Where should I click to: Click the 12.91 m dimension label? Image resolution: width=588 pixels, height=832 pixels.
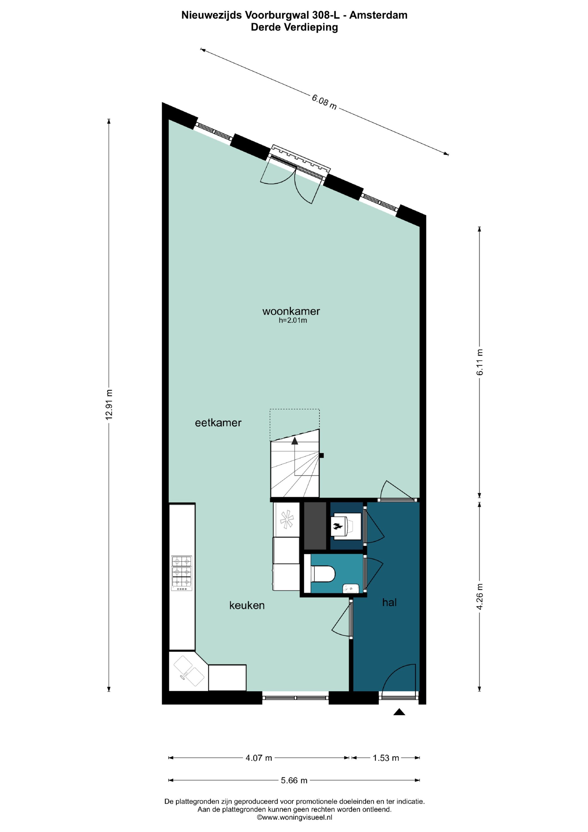coord(109,404)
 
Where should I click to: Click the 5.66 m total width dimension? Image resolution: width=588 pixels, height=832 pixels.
coord(294,780)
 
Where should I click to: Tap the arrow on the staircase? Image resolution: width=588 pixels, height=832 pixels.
coord(295,441)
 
